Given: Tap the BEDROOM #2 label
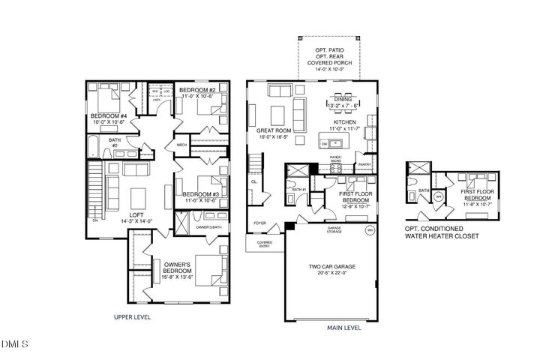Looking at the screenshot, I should click(x=198, y=90).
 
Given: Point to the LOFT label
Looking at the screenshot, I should click(x=136, y=214).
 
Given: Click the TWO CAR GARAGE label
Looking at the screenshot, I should click(x=332, y=266).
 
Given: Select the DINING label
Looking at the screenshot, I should click(x=346, y=98).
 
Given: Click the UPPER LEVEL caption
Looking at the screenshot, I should click(x=133, y=317).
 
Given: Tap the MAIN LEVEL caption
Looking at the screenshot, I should click(x=344, y=328).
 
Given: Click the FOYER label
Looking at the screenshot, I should click(x=259, y=223).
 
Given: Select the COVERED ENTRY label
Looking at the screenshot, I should click(x=264, y=244).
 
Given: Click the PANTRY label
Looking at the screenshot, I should click(x=365, y=164).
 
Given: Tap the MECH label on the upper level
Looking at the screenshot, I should click(x=181, y=145).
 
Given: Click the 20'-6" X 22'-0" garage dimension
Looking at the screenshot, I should click(x=332, y=274).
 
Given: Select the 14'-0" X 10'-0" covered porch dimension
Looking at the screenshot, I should click(x=330, y=68).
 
